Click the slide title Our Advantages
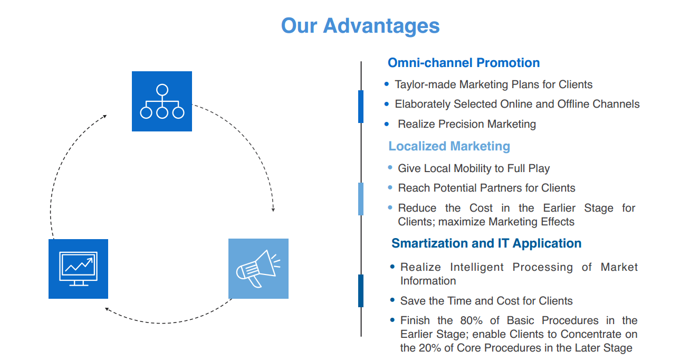(x=360, y=25)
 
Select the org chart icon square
(x=161, y=101)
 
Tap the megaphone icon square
(x=258, y=269)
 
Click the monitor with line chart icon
(x=78, y=269)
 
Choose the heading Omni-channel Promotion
(x=464, y=63)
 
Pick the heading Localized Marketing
(x=449, y=146)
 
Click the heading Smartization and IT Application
(x=486, y=243)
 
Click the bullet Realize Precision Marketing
(x=466, y=124)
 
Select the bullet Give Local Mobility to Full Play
(x=473, y=168)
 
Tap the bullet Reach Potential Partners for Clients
(x=486, y=188)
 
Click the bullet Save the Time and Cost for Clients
(x=486, y=301)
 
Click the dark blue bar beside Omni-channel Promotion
(x=361, y=106)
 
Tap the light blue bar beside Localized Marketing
(x=361, y=198)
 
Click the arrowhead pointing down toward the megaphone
(x=273, y=209)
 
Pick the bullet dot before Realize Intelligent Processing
(x=392, y=267)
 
